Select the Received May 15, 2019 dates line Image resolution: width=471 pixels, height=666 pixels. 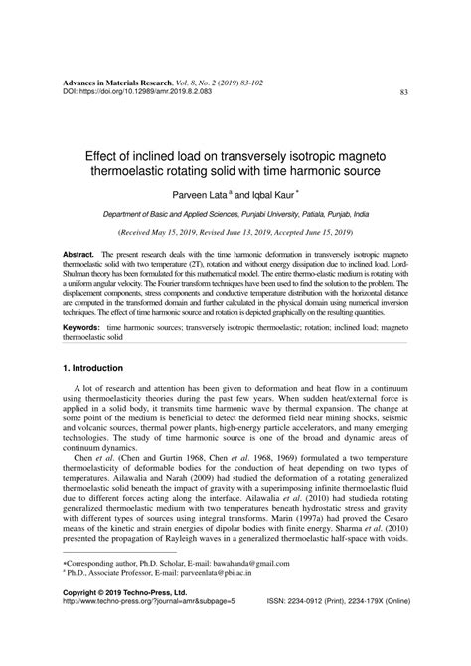pos(235,232)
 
